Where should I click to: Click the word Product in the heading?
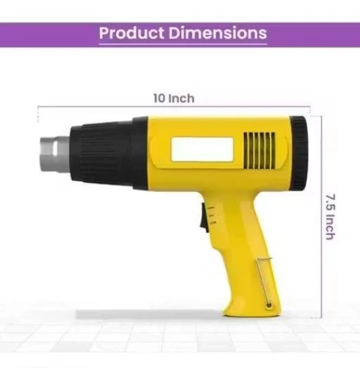coord(129,32)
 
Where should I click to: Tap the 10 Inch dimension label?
coord(173,98)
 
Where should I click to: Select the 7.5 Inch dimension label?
coord(328,216)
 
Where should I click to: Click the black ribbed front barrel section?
coord(105,151)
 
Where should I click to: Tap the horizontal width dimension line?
coord(105,106)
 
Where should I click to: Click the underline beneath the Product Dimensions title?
coord(182,44)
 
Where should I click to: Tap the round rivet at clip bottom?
coord(268,304)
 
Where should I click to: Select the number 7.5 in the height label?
coord(328,201)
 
